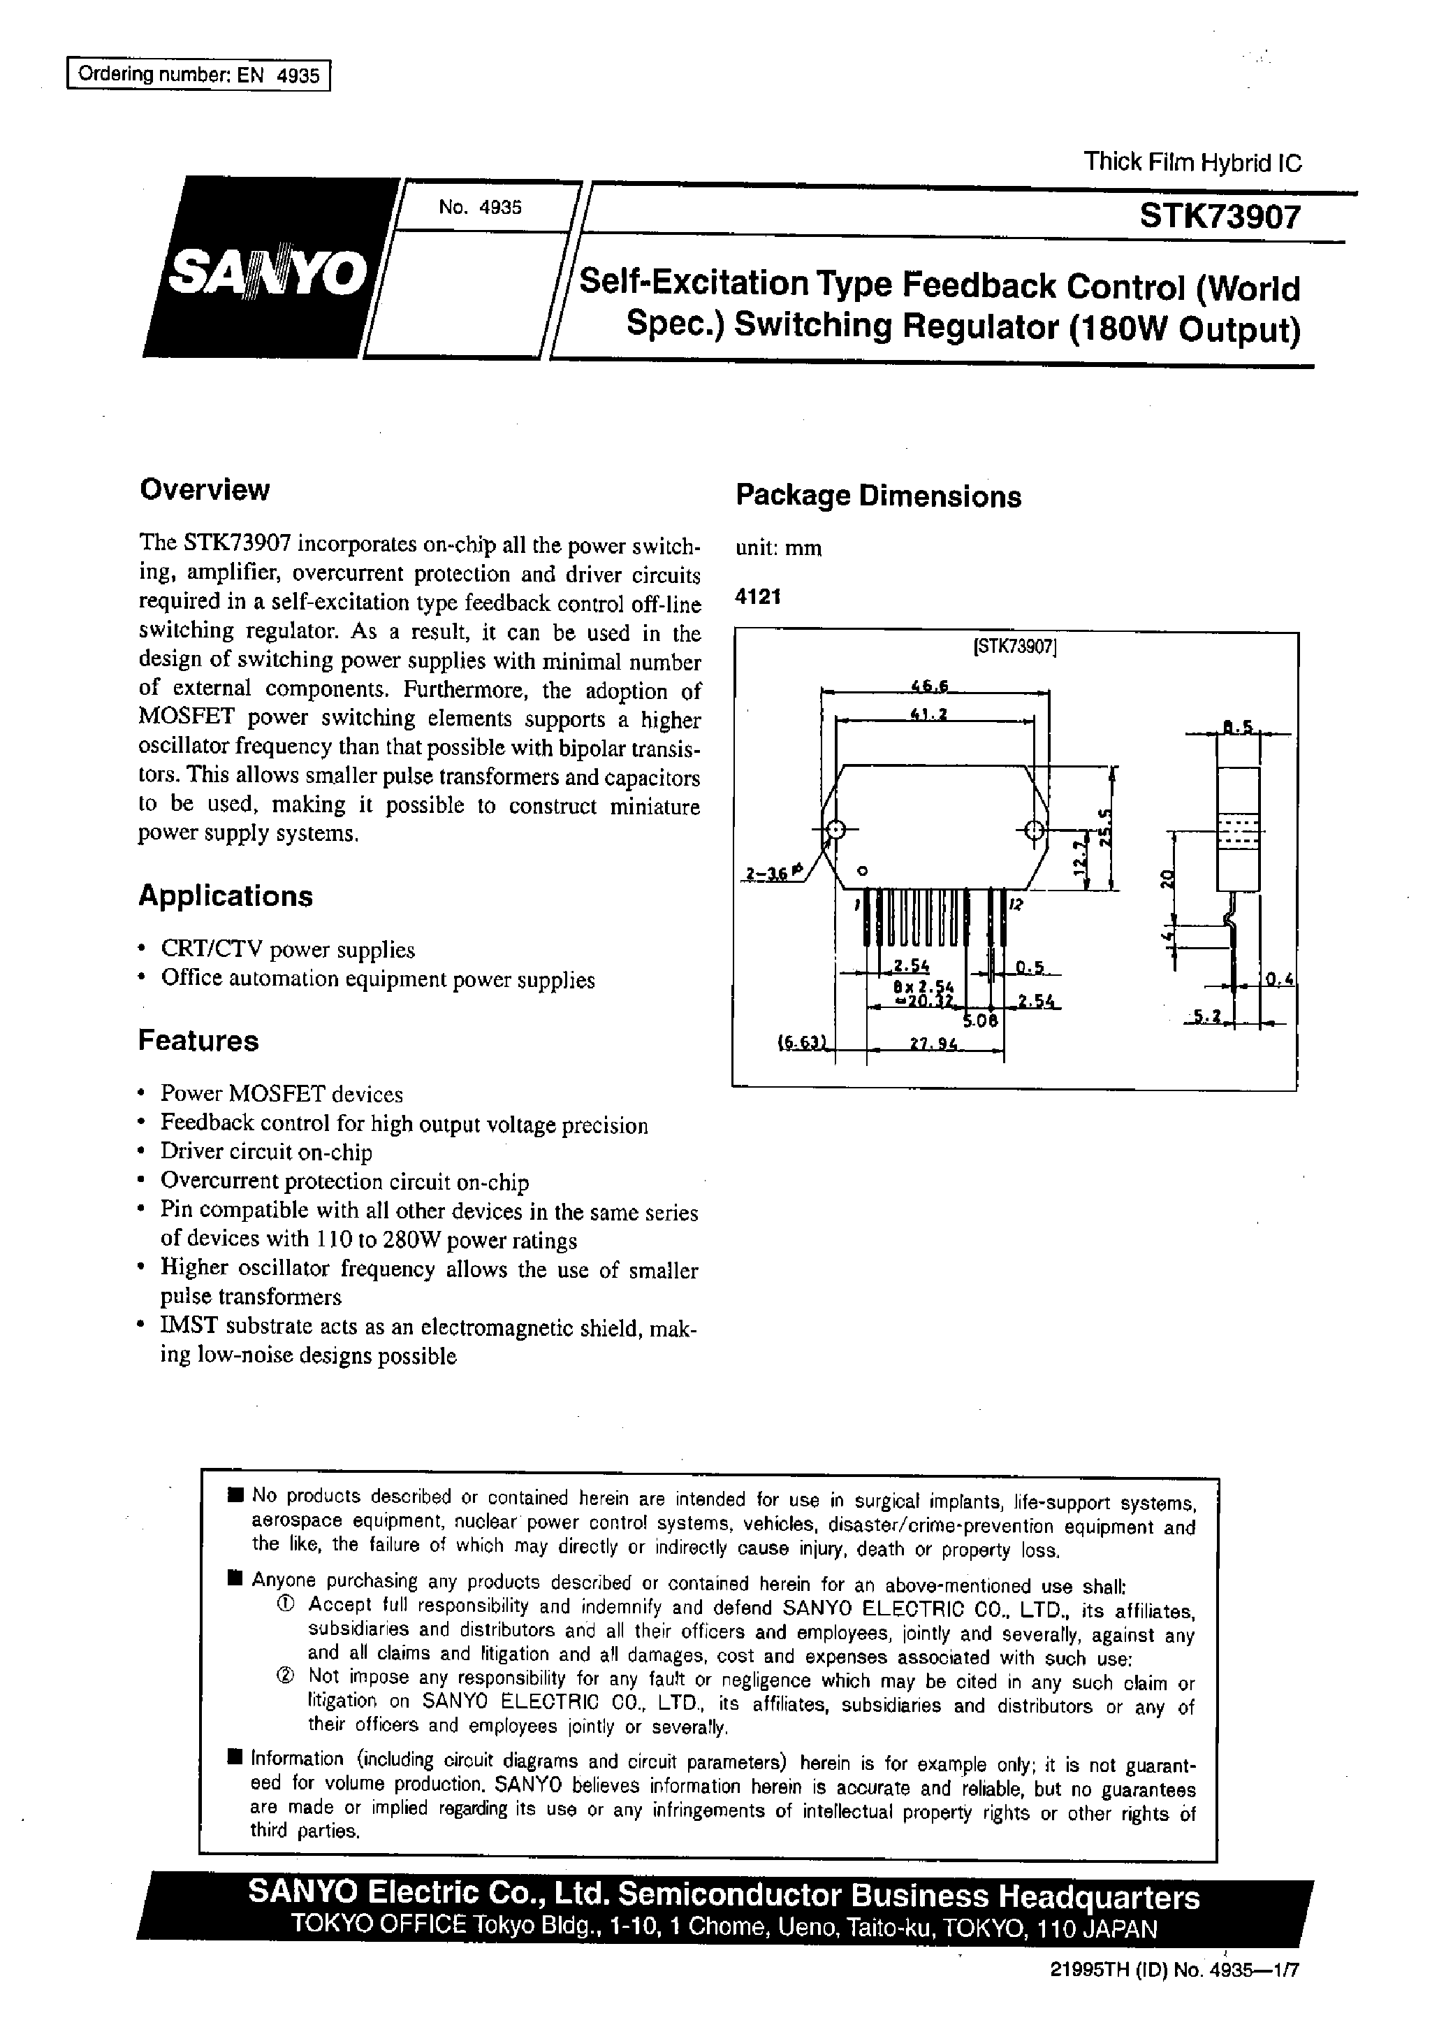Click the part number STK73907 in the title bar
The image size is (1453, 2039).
click(1220, 217)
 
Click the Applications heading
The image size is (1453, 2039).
click(226, 896)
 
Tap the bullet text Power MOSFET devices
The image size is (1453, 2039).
click(282, 1094)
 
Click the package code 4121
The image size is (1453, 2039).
click(758, 597)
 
